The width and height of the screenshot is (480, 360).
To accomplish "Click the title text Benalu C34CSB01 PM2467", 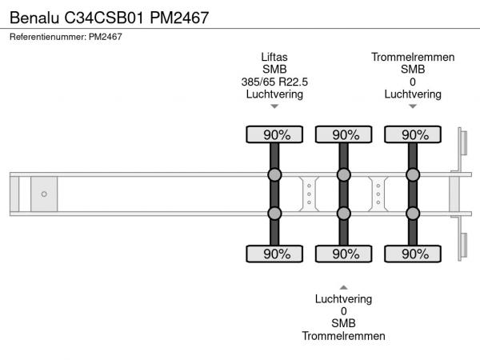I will coord(109,17).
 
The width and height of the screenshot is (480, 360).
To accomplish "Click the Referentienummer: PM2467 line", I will coord(66,37).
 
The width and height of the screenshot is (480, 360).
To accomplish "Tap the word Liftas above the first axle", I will coord(274,57).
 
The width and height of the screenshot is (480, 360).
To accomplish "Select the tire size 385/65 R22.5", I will coord(274,82).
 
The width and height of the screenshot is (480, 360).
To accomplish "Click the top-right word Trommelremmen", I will coord(413,57).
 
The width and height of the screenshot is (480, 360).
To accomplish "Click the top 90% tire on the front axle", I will coord(274,134).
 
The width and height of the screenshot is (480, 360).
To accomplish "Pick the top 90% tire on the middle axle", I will coord(344,134).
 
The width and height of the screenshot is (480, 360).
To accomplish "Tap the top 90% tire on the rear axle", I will coord(413,134).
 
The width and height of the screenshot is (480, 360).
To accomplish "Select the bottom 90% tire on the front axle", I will coord(274,254).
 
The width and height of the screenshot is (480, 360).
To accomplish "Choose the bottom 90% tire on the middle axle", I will coord(344,254).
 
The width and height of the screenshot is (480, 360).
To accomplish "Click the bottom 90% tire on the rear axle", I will coord(413,254).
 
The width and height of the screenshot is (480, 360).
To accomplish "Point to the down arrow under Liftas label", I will coord(274,106).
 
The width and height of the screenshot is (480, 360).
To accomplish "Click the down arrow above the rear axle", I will coord(413,106).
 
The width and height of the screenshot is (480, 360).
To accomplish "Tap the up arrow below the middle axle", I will coord(344,286).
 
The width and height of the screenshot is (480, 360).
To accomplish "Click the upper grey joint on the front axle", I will coord(274,175).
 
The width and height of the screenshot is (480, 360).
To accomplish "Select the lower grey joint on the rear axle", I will coord(413,213).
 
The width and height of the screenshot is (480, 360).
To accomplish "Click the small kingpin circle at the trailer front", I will coord(44,194).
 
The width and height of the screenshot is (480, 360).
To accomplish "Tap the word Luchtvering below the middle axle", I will coord(344,299).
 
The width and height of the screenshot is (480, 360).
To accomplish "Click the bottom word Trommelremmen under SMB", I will coord(344,336).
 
